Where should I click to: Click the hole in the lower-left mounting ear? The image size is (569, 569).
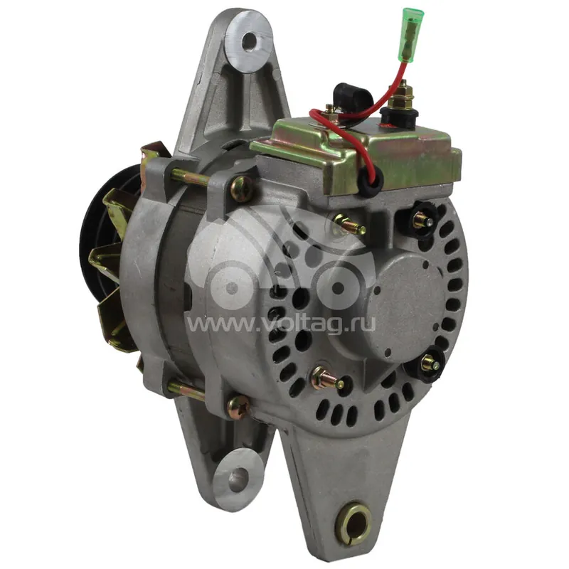[x=239, y=475]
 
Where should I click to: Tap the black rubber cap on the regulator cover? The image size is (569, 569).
[x=349, y=96]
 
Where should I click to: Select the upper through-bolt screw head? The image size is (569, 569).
[x=241, y=188]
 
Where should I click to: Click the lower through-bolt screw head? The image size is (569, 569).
[x=238, y=407]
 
